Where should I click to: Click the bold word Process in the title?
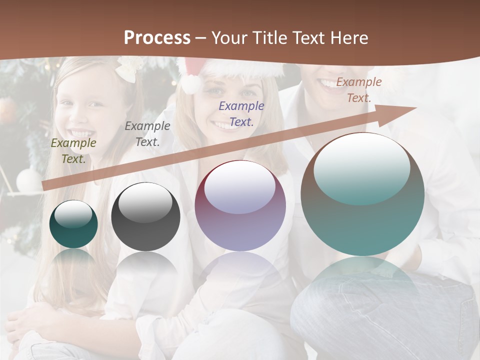point(157,37)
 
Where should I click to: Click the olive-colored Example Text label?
point(73,151)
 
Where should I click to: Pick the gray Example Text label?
point(147,134)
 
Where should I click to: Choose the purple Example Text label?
point(241,114)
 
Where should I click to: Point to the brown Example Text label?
point(359,90)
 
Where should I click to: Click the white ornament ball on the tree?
point(28,179)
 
